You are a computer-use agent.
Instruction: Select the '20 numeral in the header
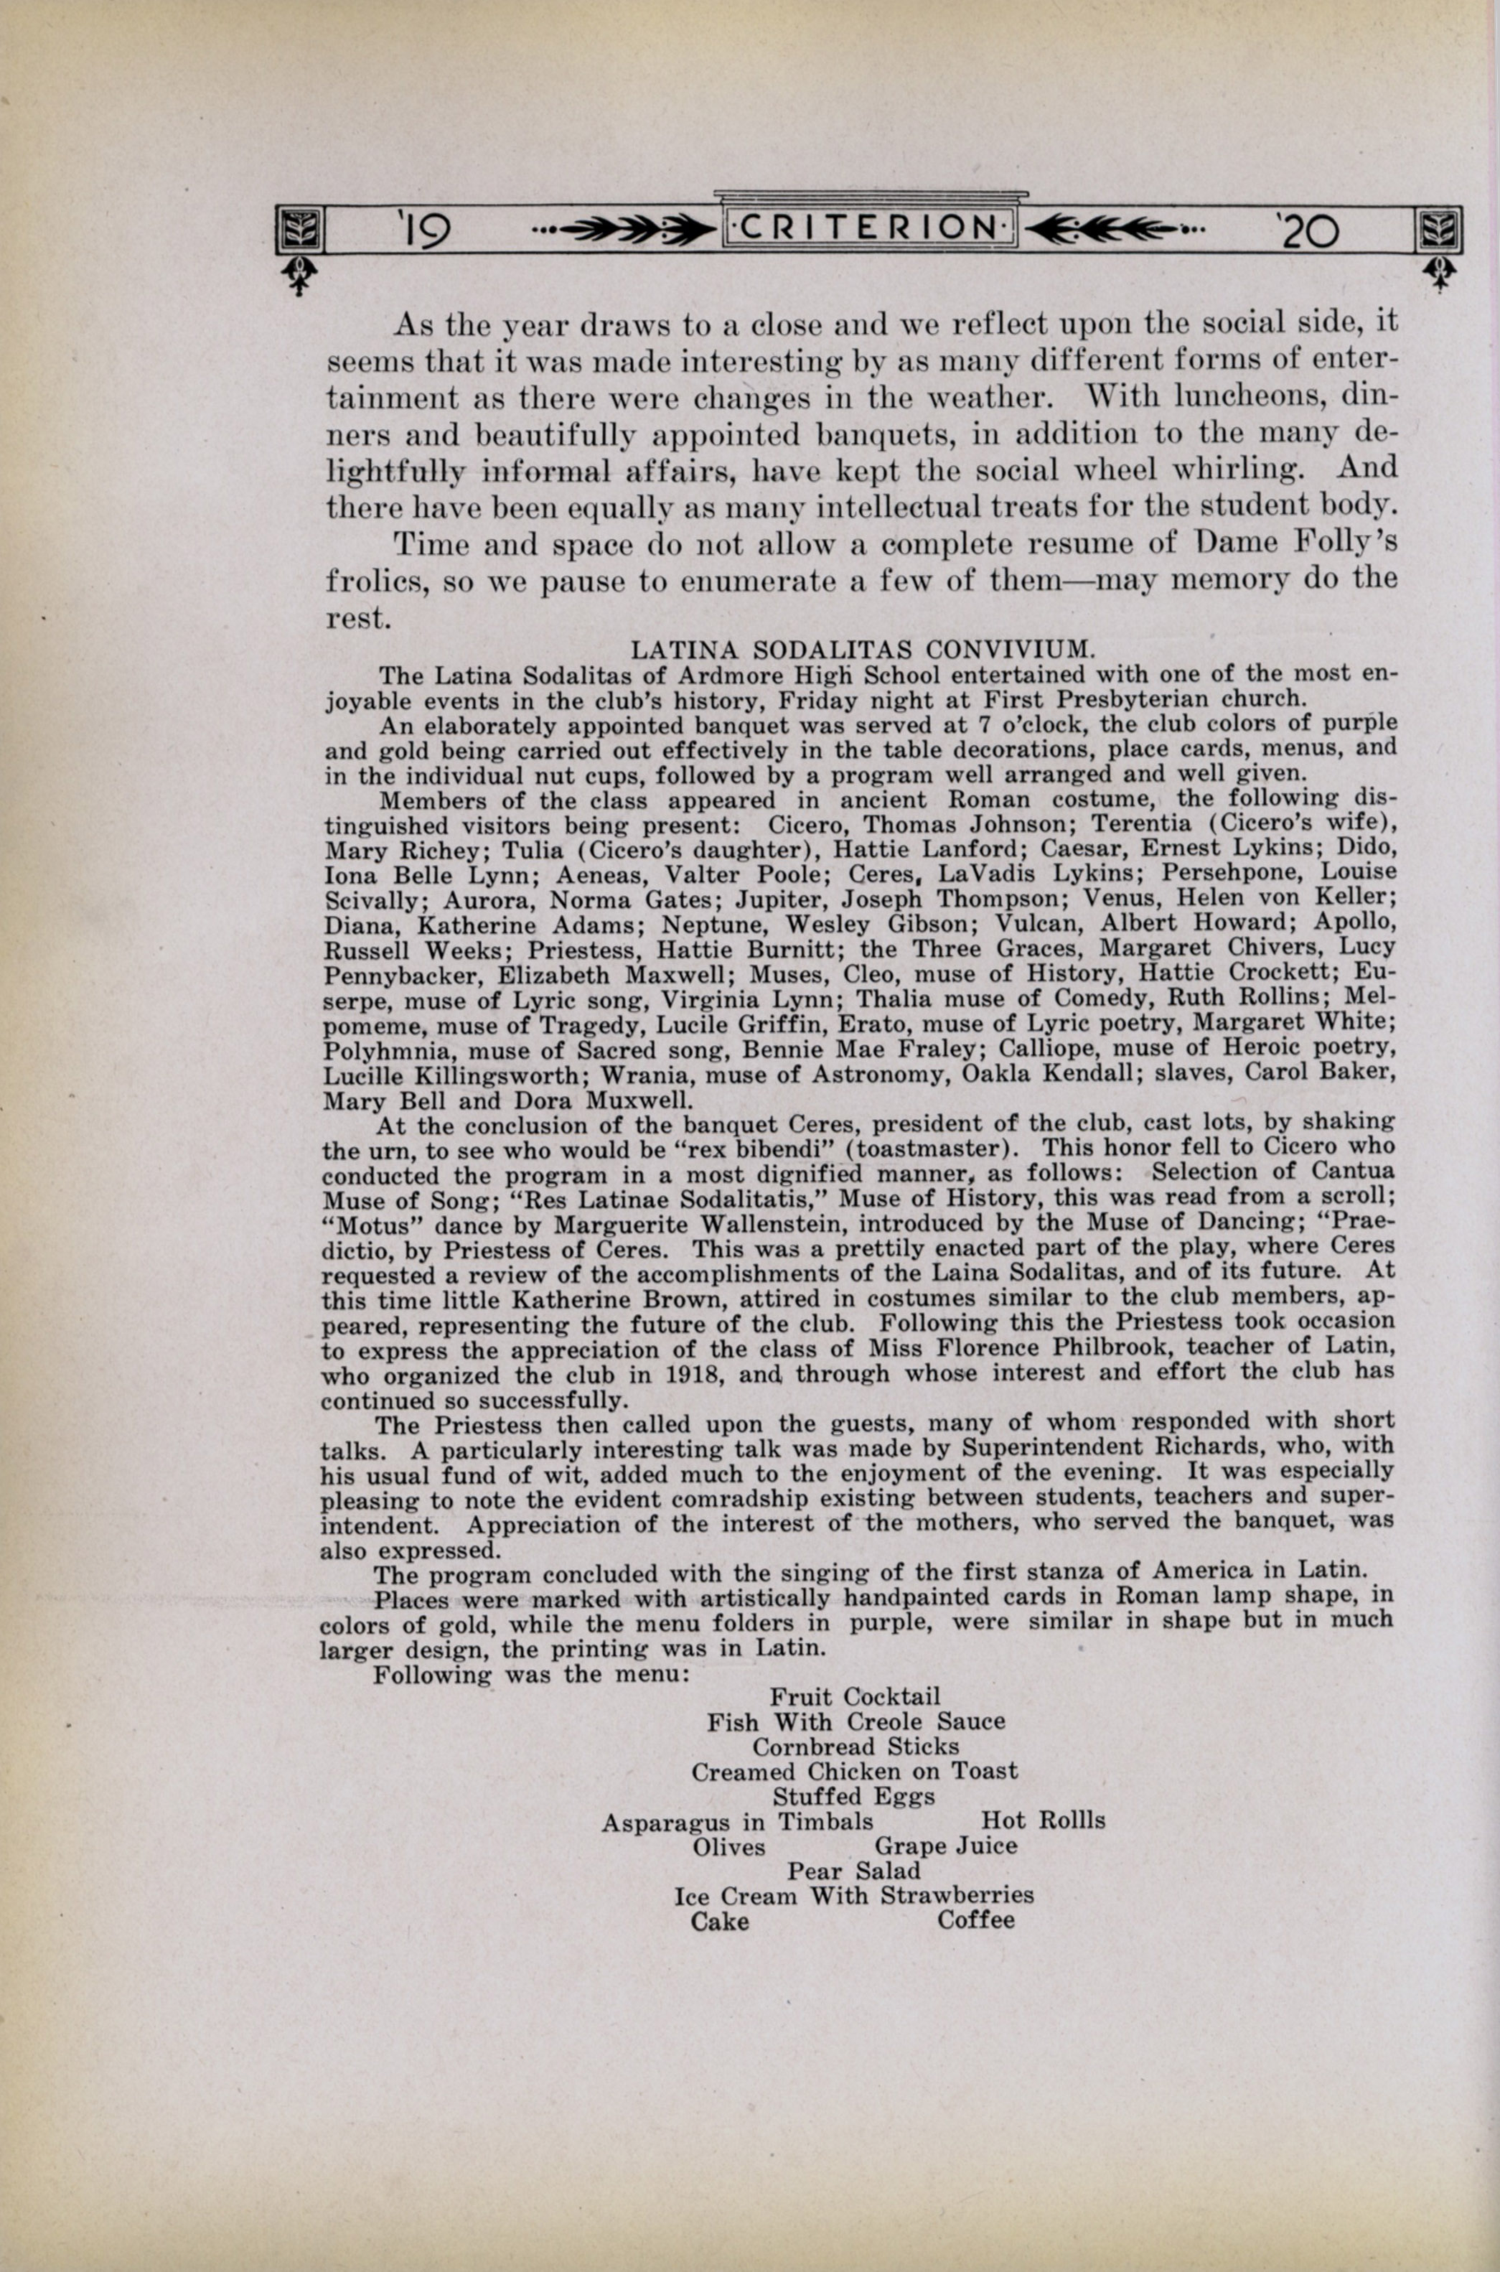point(1307,230)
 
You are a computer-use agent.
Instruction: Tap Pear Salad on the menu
point(853,1870)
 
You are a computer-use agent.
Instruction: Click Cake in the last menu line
point(721,1921)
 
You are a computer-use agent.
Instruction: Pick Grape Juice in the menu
point(945,1846)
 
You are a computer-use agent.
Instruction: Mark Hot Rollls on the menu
point(1043,1820)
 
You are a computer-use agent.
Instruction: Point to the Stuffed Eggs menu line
point(853,1795)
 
